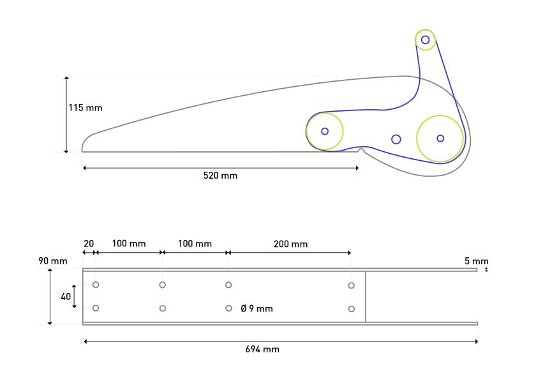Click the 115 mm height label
pyautogui.click(x=85, y=108)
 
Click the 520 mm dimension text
pyautogui.click(x=220, y=175)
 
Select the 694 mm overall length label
pyautogui.click(x=262, y=349)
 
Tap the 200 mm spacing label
pyautogui.click(x=290, y=244)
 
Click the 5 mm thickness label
pyautogui.click(x=477, y=260)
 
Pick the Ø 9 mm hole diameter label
pyautogui.click(x=257, y=309)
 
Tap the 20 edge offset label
pyautogui.click(x=88, y=244)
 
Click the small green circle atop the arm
pyautogui.click(x=426, y=40)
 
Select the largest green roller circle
pyautogui.click(x=440, y=138)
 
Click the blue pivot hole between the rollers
pyautogui.click(x=396, y=139)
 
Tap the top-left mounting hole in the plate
pyautogui.click(x=96, y=285)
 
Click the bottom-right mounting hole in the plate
pyautogui.click(x=352, y=309)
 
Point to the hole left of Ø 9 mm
pyautogui.click(x=228, y=308)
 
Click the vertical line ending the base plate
pyautogui.click(x=366, y=296)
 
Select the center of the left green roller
pyautogui.click(x=325, y=131)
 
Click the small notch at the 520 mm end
pyautogui.click(x=361, y=151)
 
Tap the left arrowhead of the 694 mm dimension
pyautogui.click(x=85, y=342)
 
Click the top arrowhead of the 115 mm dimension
pyautogui.click(x=66, y=78)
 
